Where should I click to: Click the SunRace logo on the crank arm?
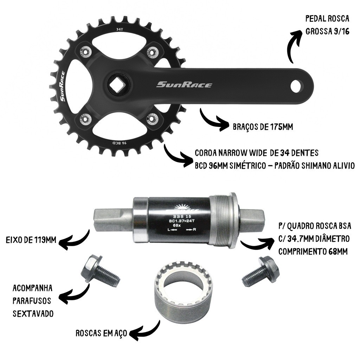184,85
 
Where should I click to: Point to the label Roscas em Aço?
101,333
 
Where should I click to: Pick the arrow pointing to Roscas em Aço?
144,330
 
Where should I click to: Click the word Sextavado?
33,313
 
